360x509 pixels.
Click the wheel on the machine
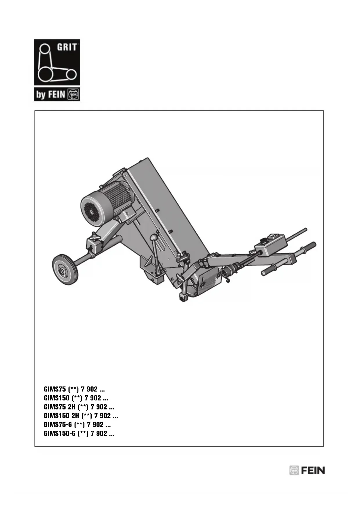pos(65,270)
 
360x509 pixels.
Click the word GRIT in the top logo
pos(67,47)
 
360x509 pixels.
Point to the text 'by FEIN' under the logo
pos(50,95)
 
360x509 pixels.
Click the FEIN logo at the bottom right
pos(307,470)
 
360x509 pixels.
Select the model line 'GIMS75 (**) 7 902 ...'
pos(74,389)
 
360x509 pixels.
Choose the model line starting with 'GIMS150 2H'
pos(81,416)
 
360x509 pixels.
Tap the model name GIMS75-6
pos(58,425)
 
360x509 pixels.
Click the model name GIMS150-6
pos(59,434)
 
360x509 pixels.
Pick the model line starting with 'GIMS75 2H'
pos(79,407)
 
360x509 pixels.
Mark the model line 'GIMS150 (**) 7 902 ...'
pos(76,398)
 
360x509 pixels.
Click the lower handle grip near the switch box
pos(271,270)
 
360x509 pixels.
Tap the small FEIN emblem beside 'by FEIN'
pos(73,94)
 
